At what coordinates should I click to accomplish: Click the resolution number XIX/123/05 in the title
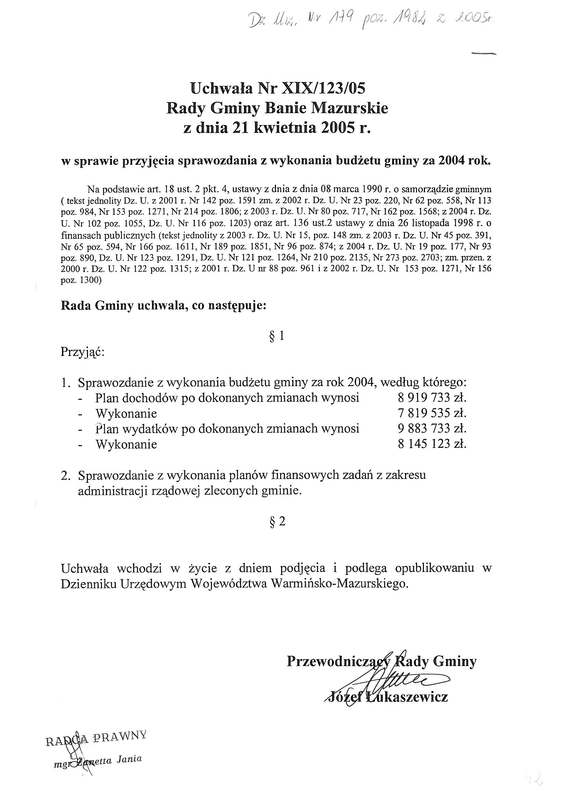pyautogui.click(x=323, y=89)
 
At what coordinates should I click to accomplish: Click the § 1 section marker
pyautogui.click(x=277, y=336)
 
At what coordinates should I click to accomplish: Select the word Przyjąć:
pyautogui.click(x=83, y=351)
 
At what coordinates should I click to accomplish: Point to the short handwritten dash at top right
pyautogui.click(x=483, y=53)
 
